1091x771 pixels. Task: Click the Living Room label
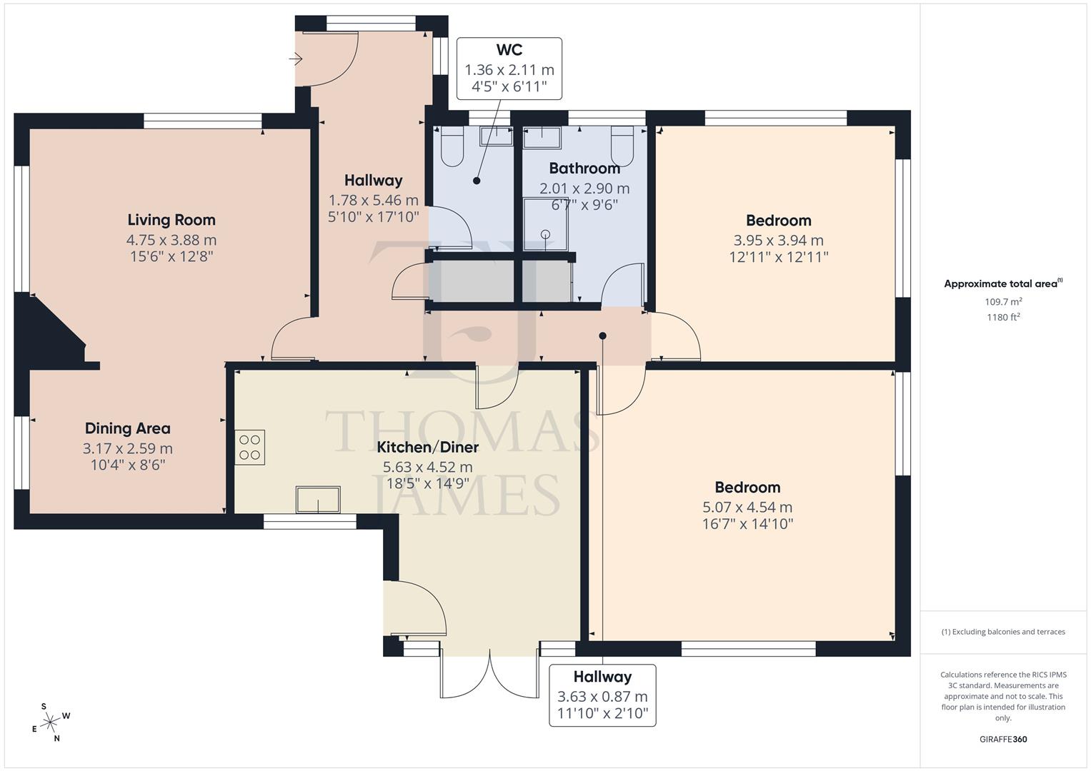(171, 220)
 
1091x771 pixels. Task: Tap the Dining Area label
(128, 428)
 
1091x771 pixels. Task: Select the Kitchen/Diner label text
(427, 448)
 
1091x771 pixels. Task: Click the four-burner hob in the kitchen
(250, 448)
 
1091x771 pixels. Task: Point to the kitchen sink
(318, 499)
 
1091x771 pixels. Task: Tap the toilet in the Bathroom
(623, 147)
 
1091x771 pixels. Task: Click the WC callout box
(509, 69)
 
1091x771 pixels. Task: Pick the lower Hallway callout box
(602, 696)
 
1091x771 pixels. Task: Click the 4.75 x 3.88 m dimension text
(171, 241)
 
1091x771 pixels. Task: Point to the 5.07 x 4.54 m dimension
(747, 508)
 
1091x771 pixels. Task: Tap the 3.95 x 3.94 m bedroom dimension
(778, 241)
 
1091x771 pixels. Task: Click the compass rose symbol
(51, 722)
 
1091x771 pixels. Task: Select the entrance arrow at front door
(296, 59)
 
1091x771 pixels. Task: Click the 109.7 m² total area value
(1003, 302)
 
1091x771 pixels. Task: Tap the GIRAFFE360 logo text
(1003, 740)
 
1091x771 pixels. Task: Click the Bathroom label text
(584, 168)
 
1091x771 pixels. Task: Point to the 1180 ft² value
(1003, 318)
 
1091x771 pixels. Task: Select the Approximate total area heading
(1003, 283)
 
